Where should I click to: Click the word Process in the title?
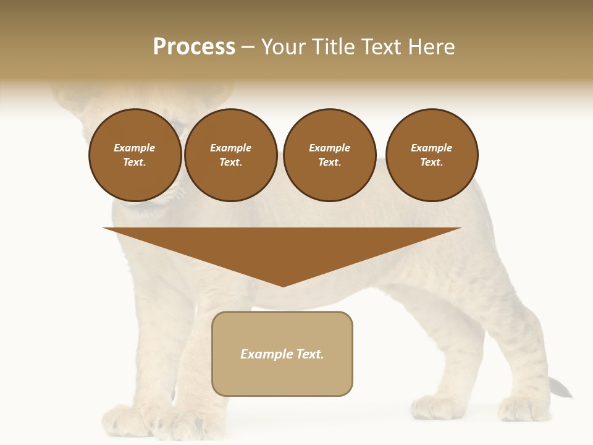(x=194, y=47)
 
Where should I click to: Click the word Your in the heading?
(x=284, y=47)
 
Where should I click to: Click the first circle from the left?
(x=135, y=155)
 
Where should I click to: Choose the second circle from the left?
(x=231, y=155)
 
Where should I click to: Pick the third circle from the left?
(x=330, y=155)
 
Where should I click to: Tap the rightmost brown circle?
(x=432, y=155)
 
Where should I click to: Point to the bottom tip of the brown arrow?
(x=283, y=285)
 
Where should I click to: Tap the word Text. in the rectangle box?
(x=309, y=354)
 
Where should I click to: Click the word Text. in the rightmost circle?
(x=432, y=163)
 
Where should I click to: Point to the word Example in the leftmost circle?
(x=135, y=148)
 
